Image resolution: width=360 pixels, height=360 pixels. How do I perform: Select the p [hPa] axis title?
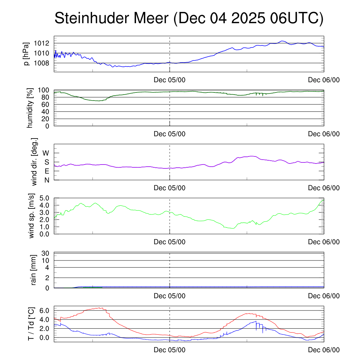click(26, 54)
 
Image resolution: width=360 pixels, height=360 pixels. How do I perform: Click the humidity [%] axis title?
click(30, 108)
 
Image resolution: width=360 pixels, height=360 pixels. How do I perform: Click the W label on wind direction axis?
click(46, 153)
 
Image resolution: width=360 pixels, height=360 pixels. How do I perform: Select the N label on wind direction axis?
click(46, 180)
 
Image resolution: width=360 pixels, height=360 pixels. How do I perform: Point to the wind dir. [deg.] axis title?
click(34, 162)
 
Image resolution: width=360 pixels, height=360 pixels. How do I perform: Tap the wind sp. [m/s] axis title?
click(32, 216)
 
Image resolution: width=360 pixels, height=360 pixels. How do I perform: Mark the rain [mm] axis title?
click(34, 270)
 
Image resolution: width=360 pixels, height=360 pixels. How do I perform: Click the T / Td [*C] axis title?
click(31, 324)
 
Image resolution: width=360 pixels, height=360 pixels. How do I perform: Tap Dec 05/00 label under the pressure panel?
click(169, 80)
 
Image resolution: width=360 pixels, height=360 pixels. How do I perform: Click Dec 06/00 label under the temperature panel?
click(324, 350)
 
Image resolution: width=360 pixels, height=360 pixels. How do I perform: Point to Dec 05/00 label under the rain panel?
click(169, 296)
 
